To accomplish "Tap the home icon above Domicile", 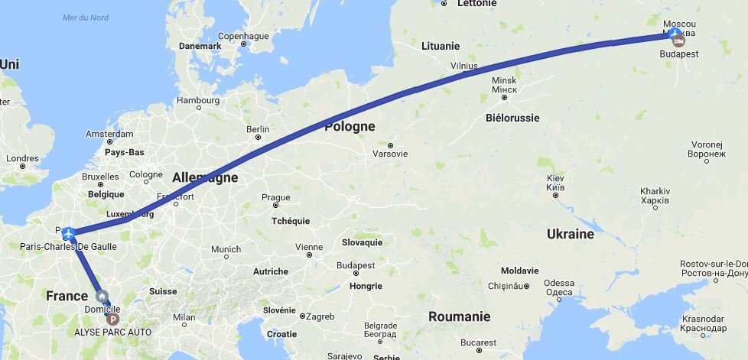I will (x=101, y=297).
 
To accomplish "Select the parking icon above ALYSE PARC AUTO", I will (x=113, y=319).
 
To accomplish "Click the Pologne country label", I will (x=350, y=126).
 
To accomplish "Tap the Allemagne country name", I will (x=205, y=177).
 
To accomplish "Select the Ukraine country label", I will (x=571, y=234).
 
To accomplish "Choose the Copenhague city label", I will (x=243, y=36).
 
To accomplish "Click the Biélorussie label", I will (x=512, y=118).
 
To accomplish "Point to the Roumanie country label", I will (x=459, y=316).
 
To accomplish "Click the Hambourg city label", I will (x=198, y=100).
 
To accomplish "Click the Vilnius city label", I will (x=463, y=66).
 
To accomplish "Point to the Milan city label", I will (x=184, y=317).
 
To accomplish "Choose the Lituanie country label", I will (x=441, y=46).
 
